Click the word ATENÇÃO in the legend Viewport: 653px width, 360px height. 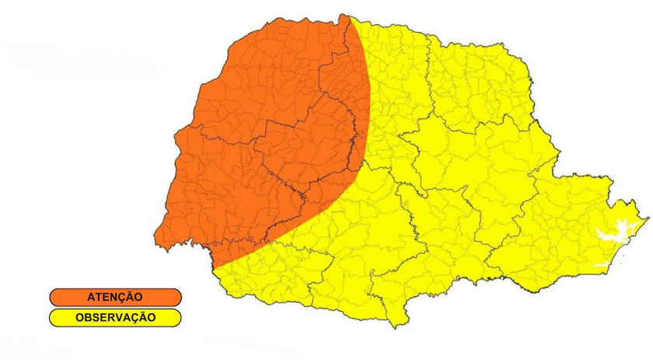(x=114, y=297)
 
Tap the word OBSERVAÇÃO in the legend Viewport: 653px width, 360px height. (x=115, y=317)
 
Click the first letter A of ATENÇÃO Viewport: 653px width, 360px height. (x=91, y=297)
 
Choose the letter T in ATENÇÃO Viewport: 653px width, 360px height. (x=99, y=297)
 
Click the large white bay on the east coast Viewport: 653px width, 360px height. (x=614, y=232)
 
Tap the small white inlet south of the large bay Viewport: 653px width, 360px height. (x=601, y=266)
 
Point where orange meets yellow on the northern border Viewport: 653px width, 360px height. (x=349, y=16)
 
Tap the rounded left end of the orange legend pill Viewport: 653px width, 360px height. (x=53, y=297)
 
